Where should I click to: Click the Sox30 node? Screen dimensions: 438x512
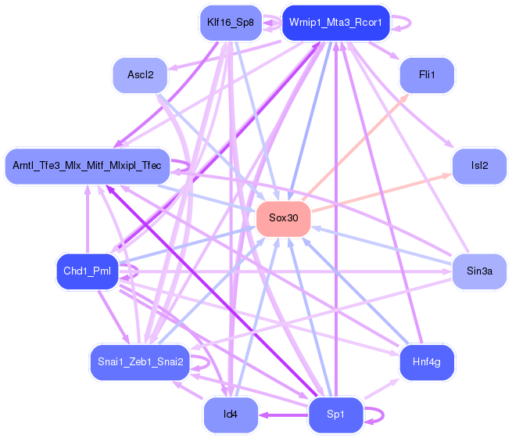[x=284, y=218]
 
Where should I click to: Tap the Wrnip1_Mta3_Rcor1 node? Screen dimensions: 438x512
[x=335, y=22]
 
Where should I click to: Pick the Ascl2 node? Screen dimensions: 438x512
[x=140, y=76]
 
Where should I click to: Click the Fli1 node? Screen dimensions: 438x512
[x=427, y=76]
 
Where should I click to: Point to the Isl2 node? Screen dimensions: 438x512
[x=479, y=166]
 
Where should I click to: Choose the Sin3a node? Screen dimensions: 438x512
[x=479, y=271]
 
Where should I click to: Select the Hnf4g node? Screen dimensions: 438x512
[x=427, y=361]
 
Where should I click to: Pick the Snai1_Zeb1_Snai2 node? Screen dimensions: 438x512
[x=140, y=361]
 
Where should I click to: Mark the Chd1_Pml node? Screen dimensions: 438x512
[x=87, y=271]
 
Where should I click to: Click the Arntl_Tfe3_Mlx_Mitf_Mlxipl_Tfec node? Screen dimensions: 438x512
[x=87, y=166]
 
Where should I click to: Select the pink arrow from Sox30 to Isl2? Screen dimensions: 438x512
[x=383, y=192]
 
